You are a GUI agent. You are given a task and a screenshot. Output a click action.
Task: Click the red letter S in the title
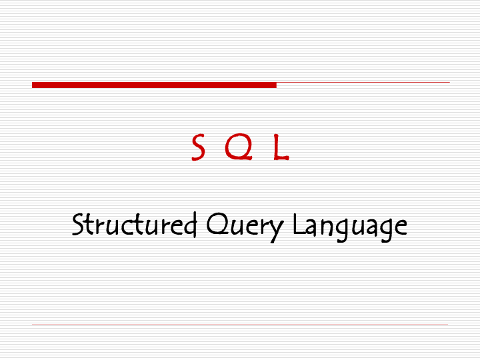pos(198,147)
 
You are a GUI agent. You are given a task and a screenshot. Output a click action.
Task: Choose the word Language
pos(350,225)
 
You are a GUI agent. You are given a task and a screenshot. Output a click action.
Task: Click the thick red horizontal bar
pos(154,85)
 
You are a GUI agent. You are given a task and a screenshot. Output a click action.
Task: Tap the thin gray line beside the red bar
pos(363,83)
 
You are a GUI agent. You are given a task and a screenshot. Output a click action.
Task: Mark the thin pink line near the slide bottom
pos(240,325)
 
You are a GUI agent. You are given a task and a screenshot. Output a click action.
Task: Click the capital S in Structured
pos(78,224)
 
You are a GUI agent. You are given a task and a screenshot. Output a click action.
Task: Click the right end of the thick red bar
pos(274,85)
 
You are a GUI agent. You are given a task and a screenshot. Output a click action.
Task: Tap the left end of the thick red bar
pos(34,85)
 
